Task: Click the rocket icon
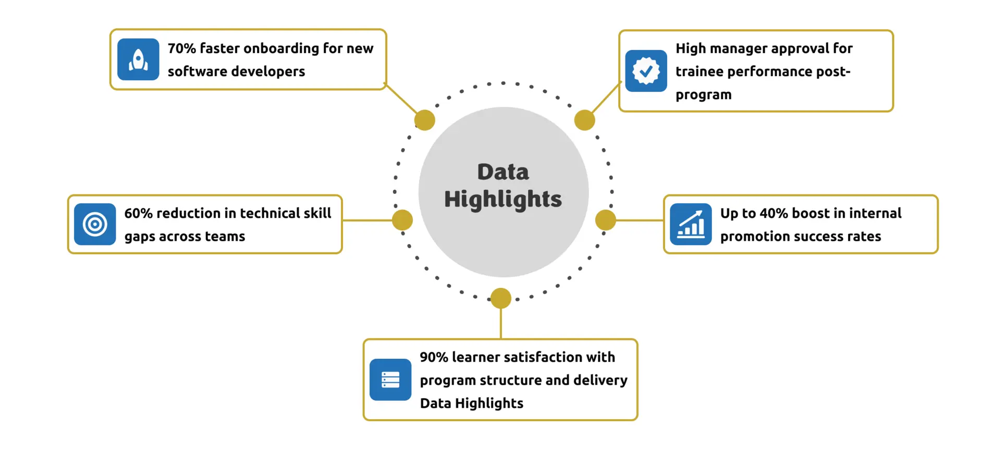138,59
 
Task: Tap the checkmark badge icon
646,71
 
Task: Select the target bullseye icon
95,224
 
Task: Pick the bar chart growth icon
691,224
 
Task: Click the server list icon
390,380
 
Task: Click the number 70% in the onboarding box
182,48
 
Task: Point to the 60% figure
138,213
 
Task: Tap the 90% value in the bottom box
434,357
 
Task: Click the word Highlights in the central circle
503,199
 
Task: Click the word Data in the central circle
503,172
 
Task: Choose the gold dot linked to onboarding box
425,120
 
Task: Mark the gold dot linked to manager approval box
585,120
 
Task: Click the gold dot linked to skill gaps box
402,220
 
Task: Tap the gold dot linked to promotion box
606,220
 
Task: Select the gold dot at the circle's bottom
501,298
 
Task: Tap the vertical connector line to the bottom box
501,324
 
